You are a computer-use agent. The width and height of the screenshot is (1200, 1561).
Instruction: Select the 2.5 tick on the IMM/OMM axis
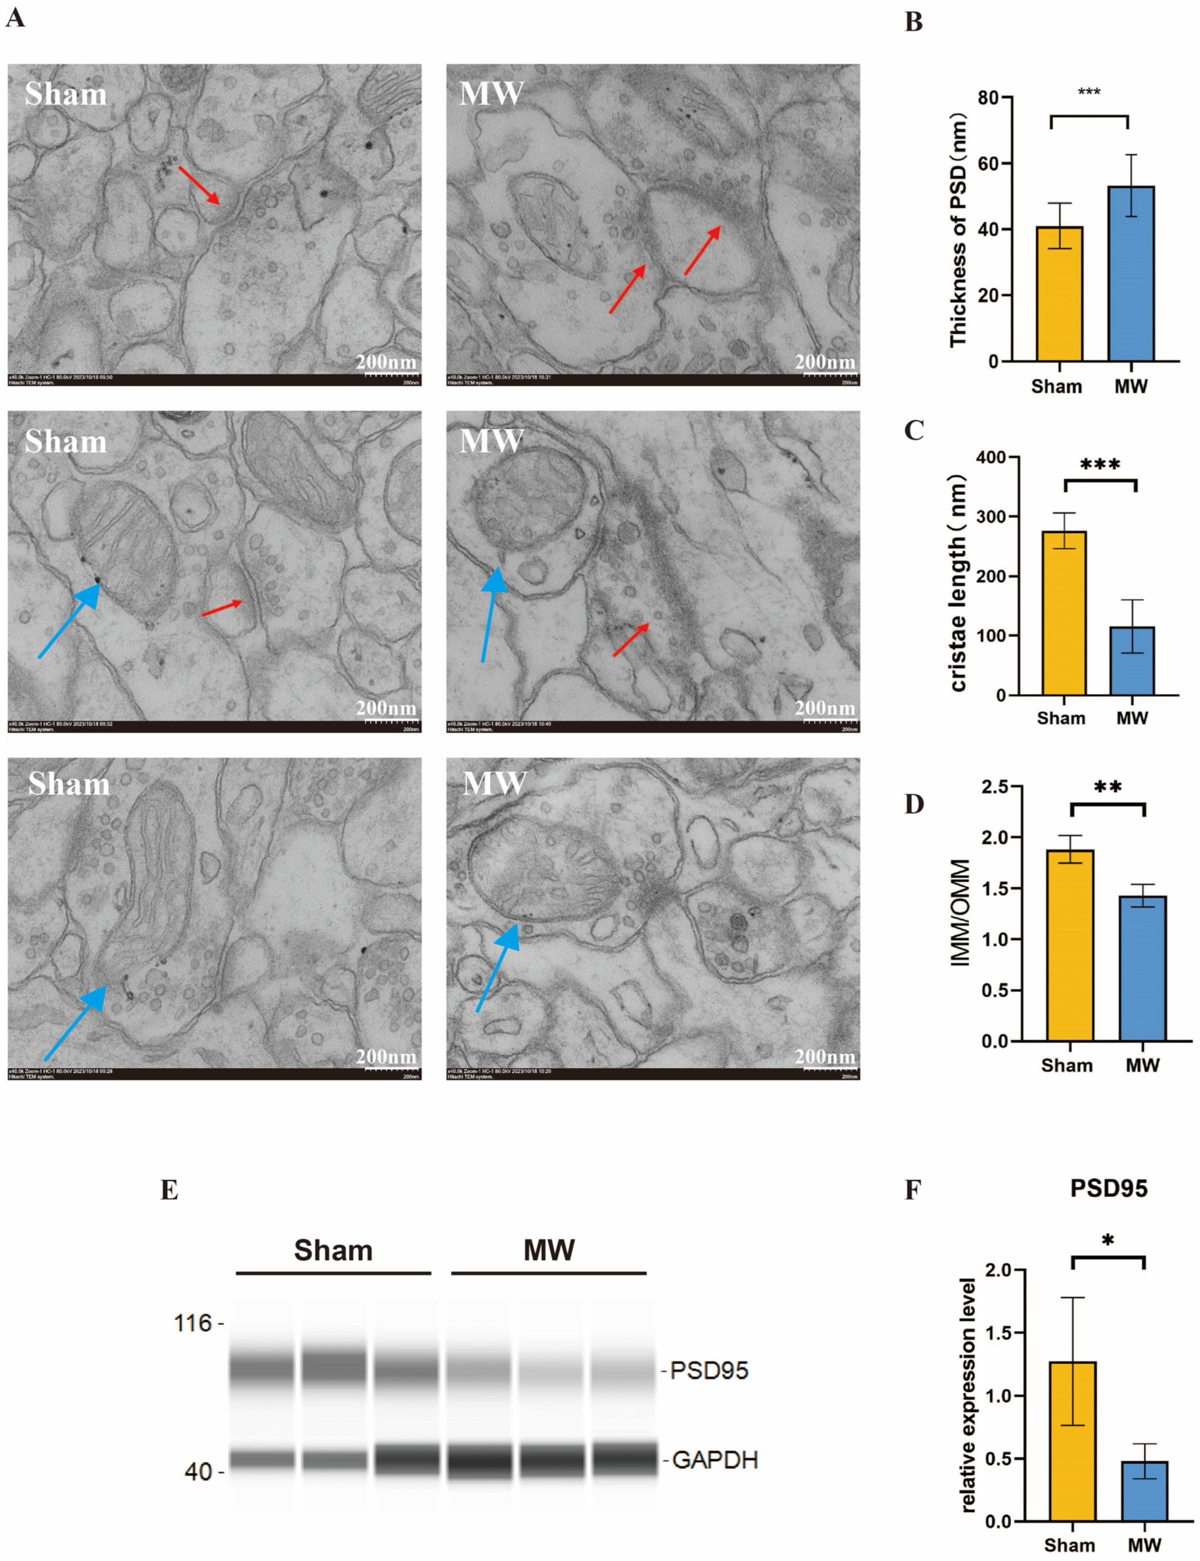(994, 786)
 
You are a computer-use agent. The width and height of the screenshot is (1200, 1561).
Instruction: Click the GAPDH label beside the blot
(714, 1460)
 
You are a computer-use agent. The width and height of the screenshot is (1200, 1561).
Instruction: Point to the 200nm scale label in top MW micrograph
(825, 362)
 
